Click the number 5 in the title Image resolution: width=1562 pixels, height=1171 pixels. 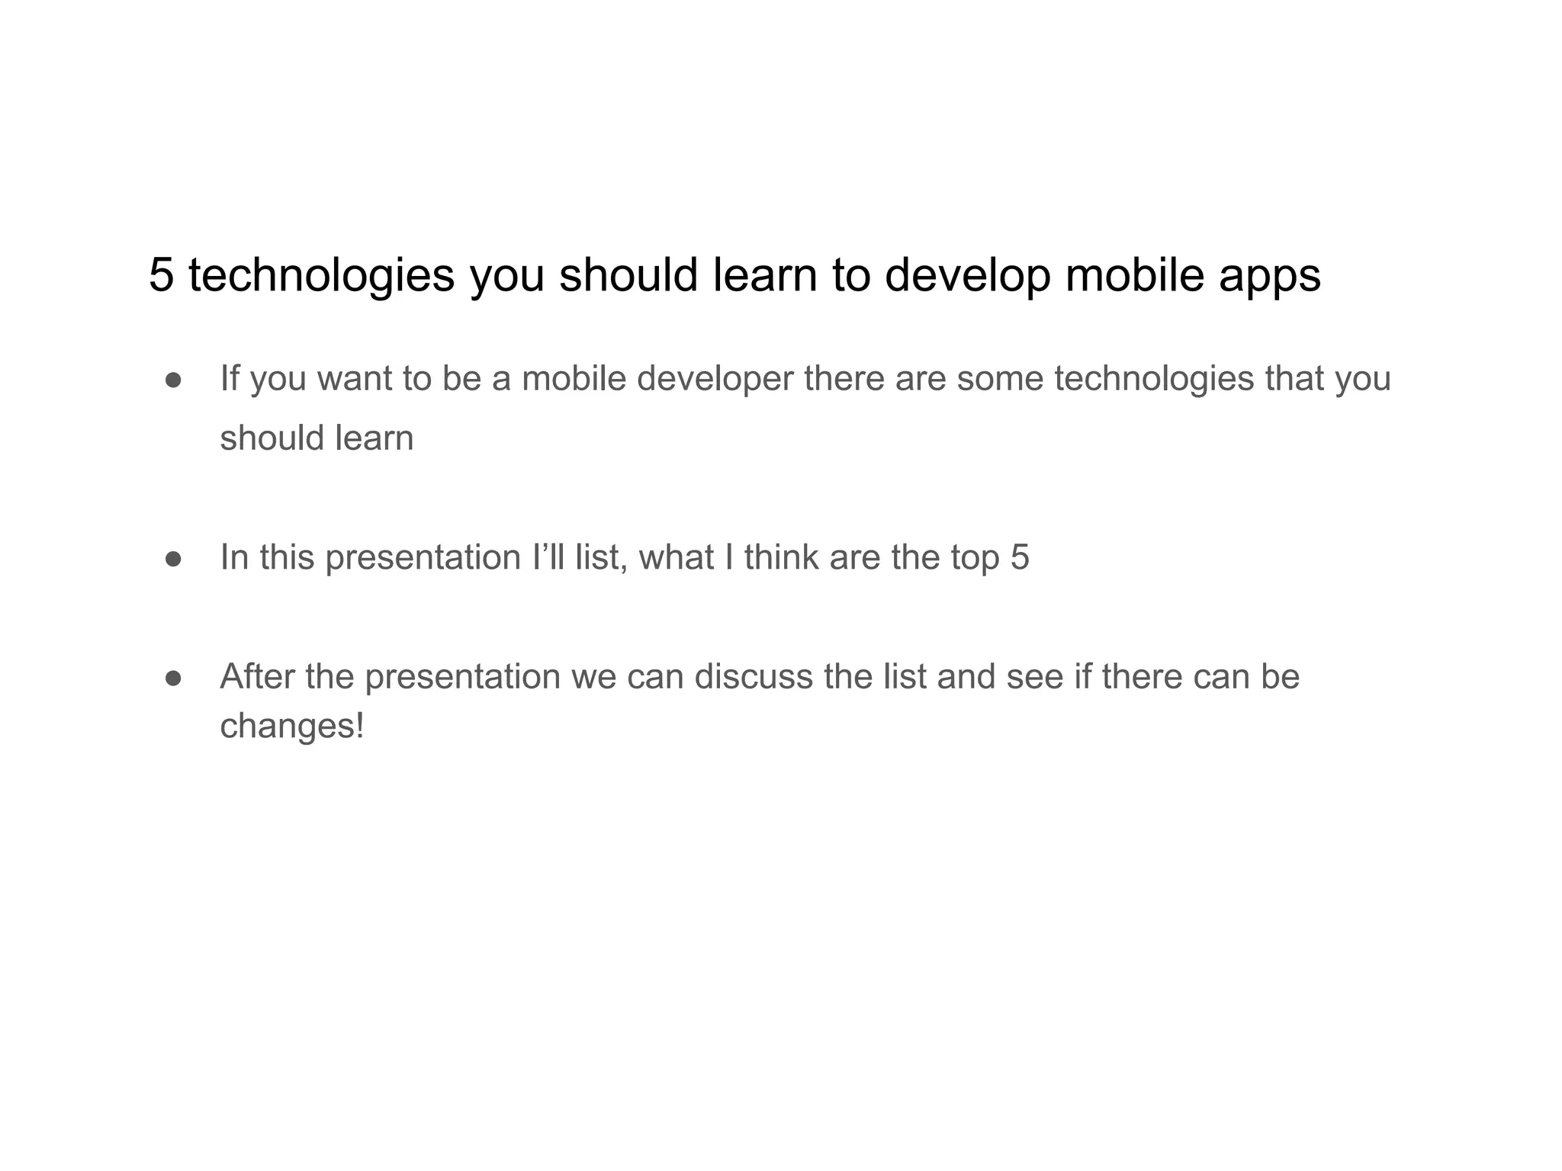click(161, 274)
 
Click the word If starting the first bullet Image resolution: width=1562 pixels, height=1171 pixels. click(230, 378)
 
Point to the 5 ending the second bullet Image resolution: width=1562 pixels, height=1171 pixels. click(1020, 557)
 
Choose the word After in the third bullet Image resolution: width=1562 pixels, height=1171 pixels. click(257, 676)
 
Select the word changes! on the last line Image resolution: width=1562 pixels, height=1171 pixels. click(292, 727)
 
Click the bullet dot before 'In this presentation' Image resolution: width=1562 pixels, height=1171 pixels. click(173, 559)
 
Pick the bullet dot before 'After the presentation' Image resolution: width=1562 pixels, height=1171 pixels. click(173, 678)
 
